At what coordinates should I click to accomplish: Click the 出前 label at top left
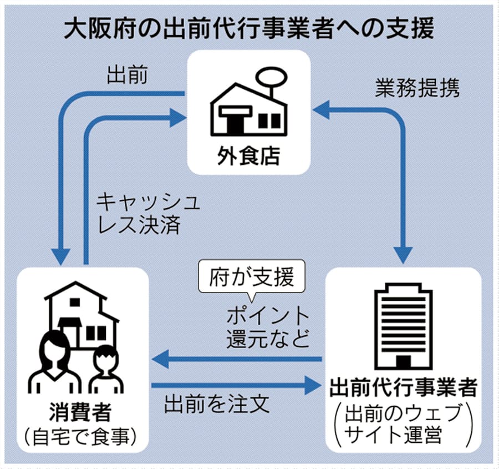click(x=128, y=76)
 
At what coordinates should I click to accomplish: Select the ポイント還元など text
click(x=268, y=327)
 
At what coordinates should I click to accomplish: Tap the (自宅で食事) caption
click(x=82, y=437)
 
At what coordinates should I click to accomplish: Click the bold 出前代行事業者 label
click(x=403, y=389)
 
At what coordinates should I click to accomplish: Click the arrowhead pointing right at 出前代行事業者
click(x=313, y=385)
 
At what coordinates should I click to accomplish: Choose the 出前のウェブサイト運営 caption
click(x=403, y=425)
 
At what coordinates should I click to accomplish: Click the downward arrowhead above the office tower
click(x=403, y=255)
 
